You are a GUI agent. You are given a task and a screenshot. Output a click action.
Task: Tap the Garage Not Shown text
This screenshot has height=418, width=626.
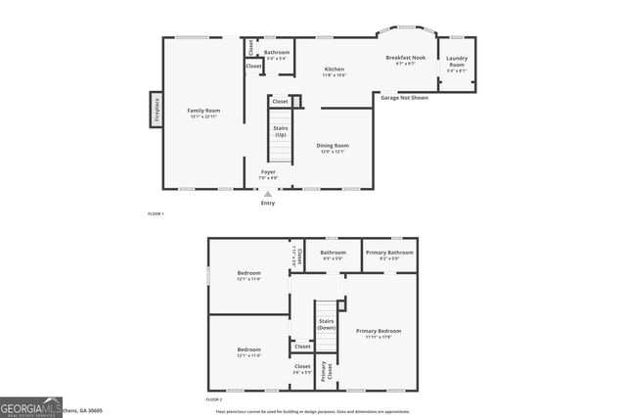[x=404, y=98]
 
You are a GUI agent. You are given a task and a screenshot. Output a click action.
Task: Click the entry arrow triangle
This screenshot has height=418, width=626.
[x=267, y=194]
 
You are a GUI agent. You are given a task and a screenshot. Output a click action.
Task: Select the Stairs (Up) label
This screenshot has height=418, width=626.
[x=280, y=131]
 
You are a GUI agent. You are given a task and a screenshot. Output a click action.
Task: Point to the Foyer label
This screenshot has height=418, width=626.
[x=267, y=172]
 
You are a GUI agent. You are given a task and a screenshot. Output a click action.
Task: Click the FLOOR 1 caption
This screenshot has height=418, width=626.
[x=156, y=213]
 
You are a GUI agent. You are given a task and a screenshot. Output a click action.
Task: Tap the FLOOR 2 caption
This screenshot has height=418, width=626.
[x=213, y=400]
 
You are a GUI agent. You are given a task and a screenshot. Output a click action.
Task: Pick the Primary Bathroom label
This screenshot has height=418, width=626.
[x=389, y=253]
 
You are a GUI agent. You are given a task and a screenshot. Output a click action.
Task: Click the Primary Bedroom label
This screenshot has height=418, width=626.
[x=378, y=333]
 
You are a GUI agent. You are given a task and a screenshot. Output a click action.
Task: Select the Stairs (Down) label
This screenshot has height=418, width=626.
[x=326, y=324]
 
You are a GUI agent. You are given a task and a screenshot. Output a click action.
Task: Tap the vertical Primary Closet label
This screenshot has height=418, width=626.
[x=330, y=369]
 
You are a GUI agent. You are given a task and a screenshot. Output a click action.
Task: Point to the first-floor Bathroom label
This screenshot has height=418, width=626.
[x=277, y=53]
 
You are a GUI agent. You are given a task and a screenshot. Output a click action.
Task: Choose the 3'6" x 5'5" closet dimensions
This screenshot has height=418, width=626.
[x=302, y=372]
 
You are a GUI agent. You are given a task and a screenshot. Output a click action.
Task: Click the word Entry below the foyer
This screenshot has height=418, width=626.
[x=267, y=203]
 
